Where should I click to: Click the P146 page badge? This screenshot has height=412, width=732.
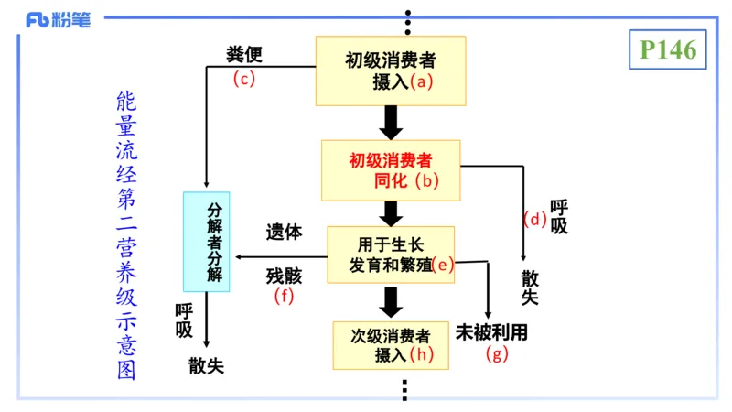[x=668, y=49]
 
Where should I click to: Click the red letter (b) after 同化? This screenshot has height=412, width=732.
[x=426, y=180]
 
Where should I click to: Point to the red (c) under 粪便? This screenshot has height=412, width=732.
[x=242, y=79]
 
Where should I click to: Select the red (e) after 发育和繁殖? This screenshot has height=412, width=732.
[x=443, y=266]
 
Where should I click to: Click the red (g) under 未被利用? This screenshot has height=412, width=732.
[x=497, y=354]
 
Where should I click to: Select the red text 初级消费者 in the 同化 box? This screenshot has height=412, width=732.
[x=390, y=160]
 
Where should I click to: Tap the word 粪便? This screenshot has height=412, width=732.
[x=244, y=55]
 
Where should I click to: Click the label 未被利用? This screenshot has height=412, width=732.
[x=492, y=331]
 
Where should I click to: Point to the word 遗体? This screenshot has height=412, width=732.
[x=284, y=232]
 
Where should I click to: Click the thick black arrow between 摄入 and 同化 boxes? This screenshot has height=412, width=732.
[x=392, y=122]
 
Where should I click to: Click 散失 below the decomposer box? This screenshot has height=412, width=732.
[x=206, y=365]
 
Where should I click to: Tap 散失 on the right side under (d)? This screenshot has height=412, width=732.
[x=530, y=287]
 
